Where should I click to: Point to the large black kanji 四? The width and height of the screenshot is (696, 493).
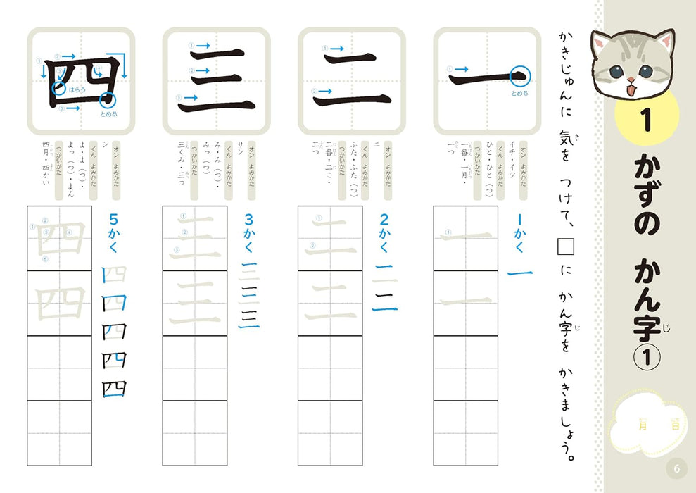click(80, 82)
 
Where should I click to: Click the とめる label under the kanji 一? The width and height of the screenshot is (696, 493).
click(520, 92)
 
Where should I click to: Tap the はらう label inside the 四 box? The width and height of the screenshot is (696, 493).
click(77, 90)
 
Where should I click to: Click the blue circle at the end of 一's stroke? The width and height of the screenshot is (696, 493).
click(520, 74)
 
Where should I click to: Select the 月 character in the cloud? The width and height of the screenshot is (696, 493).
click(641, 425)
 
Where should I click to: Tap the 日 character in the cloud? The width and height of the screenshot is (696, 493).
click(674, 425)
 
